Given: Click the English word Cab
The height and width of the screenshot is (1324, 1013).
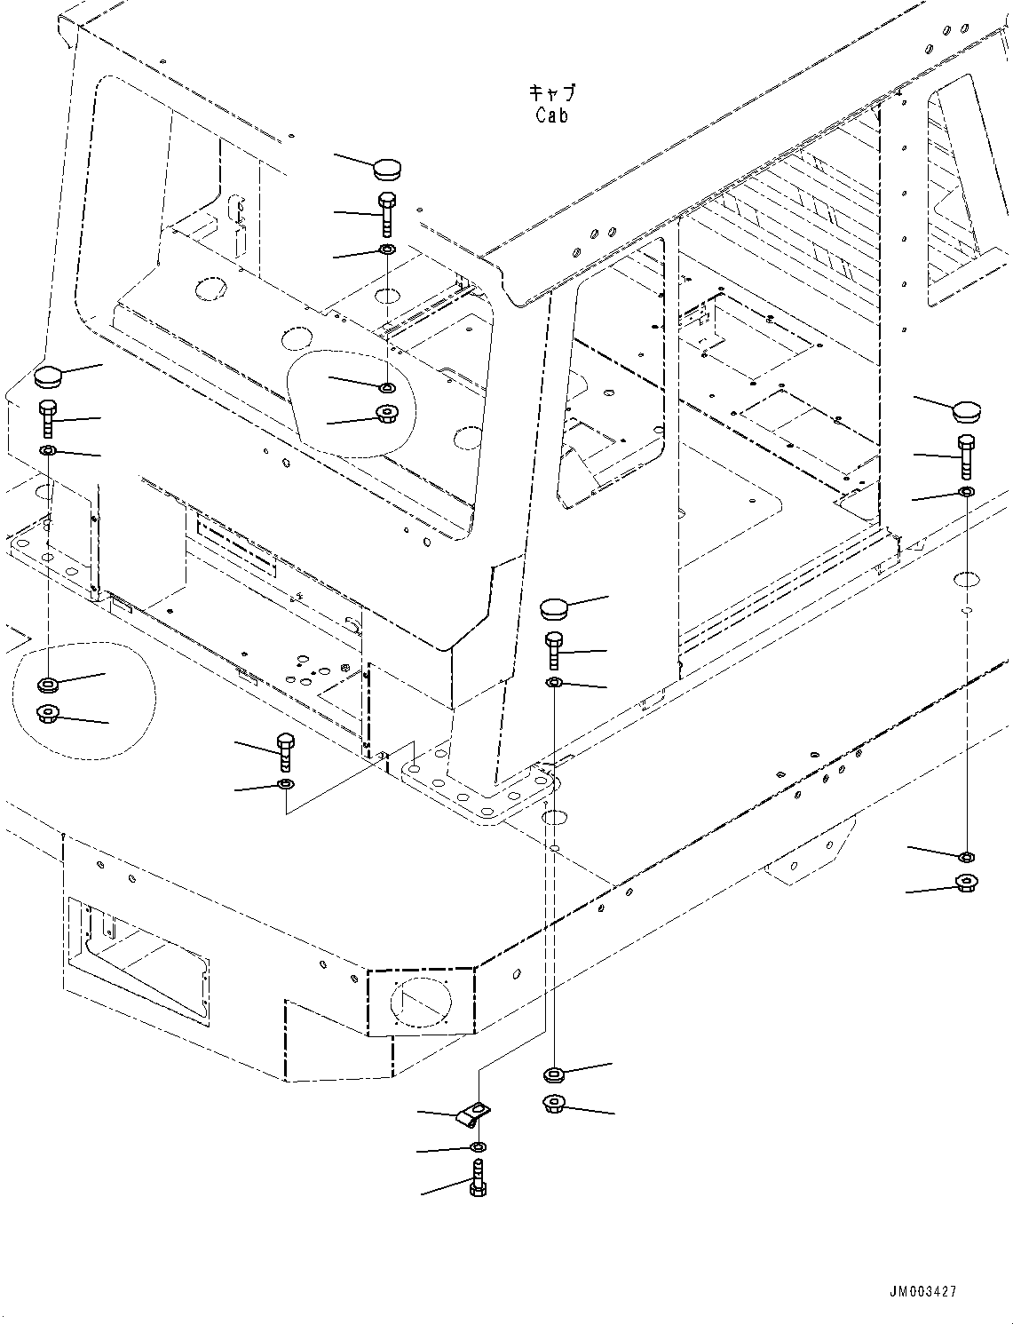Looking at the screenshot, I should pos(551,115).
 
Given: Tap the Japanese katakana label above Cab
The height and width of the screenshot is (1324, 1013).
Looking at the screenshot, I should pos(551,92).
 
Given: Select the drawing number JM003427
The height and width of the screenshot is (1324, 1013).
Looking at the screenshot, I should pos(922,1292).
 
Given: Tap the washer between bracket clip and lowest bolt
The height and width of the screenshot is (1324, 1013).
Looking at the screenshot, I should pos(478,1147).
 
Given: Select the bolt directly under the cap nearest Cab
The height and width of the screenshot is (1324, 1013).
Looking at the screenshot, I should pos(386,213).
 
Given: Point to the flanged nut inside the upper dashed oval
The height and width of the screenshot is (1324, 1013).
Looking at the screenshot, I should pos(387,414).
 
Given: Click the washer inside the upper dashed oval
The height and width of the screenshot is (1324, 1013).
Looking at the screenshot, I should pos(387,387).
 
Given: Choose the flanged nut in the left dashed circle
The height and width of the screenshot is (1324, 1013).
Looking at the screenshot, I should pos(48,712).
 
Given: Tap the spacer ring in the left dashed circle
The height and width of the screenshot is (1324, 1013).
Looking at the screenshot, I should pos(48,685).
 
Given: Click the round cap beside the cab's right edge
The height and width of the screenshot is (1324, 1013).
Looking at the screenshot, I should pos(966,410).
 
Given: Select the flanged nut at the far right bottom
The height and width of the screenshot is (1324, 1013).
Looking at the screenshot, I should pos(966,883).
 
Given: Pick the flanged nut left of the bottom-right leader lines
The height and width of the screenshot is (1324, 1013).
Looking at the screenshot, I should pos(554,1105).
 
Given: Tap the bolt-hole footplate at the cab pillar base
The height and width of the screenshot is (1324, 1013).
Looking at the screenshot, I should pos(480,790).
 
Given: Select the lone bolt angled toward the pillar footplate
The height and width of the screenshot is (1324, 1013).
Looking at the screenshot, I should pos(285,751).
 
